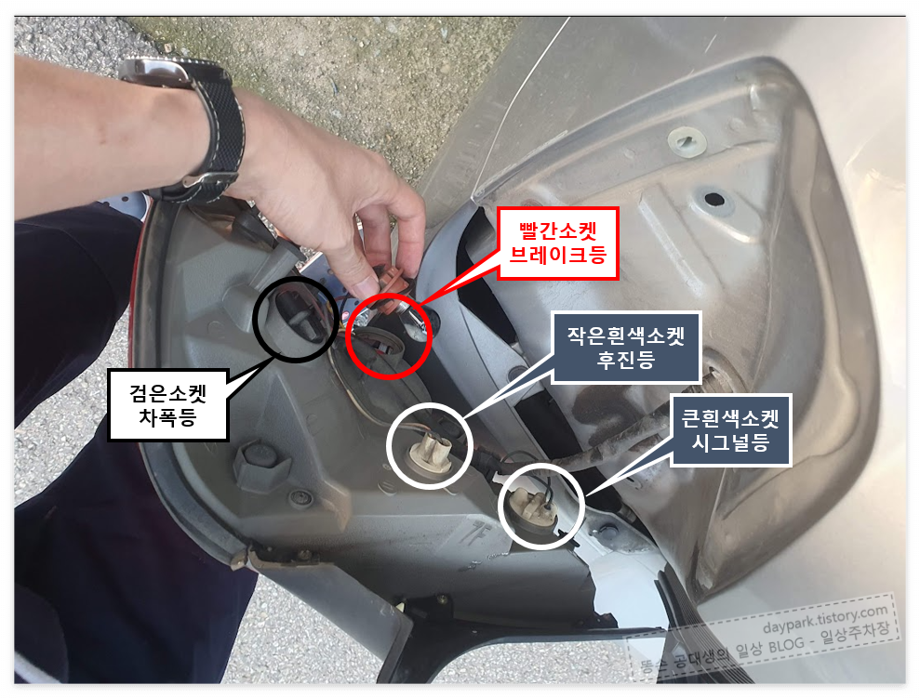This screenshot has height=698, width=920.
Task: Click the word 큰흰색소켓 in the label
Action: (730, 417)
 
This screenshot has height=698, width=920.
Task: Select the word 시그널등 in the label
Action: (730, 443)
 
